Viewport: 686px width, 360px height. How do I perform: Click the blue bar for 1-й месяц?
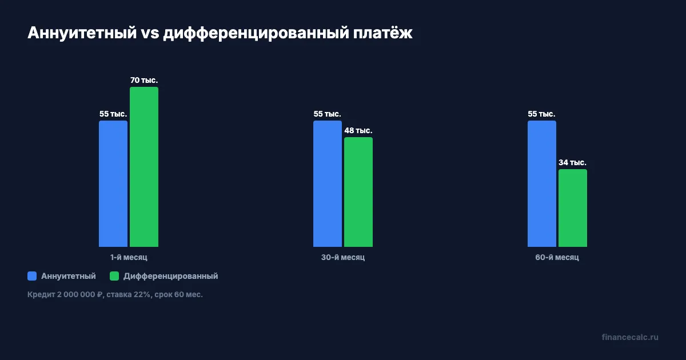(x=113, y=183)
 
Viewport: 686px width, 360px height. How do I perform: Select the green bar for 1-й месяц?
(x=144, y=167)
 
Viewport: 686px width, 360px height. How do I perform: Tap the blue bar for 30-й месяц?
(x=328, y=183)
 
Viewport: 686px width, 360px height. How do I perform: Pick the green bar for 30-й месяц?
(x=358, y=192)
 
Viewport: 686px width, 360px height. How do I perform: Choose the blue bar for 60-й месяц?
(x=542, y=183)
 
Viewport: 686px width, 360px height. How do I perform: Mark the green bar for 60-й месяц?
(x=573, y=208)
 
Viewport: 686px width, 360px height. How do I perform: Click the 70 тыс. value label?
(x=144, y=80)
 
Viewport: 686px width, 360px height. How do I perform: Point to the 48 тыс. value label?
(x=358, y=130)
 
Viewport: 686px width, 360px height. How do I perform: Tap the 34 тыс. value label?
(x=573, y=162)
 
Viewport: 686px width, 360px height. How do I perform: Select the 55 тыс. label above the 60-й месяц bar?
(x=541, y=114)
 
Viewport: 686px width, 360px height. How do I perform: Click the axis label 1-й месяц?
(x=129, y=258)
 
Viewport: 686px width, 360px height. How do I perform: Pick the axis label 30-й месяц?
(x=343, y=258)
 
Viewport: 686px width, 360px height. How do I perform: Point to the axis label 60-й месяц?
(x=557, y=258)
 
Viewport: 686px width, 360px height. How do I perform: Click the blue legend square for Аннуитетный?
(x=32, y=276)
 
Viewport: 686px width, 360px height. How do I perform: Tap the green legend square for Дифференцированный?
(x=114, y=276)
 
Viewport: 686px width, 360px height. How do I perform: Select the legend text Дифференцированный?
(x=171, y=276)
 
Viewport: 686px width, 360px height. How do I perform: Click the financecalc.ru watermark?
(x=630, y=337)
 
